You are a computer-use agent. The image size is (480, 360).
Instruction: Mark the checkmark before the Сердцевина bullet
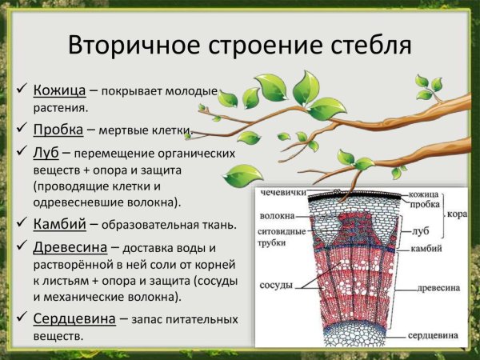click(x=22, y=318)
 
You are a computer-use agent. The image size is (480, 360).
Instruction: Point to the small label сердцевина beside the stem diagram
click(x=431, y=335)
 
